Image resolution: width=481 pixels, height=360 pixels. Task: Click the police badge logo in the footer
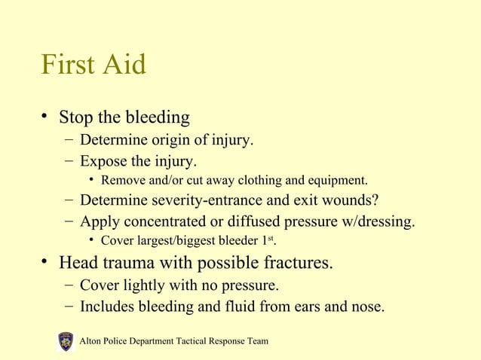66,341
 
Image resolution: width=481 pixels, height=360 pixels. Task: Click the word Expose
103,161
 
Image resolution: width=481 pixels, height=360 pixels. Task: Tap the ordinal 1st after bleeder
278,241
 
